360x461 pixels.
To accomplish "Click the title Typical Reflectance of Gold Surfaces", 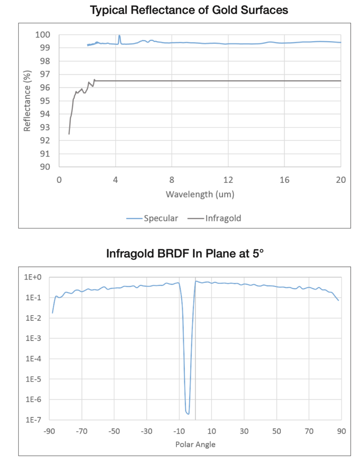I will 189,10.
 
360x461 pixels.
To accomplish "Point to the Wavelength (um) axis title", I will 200,194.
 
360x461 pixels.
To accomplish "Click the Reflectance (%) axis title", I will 27,101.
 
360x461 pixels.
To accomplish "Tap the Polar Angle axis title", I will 195,444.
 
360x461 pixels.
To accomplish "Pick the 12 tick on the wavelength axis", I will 228,180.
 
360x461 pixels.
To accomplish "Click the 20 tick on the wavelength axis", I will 340,180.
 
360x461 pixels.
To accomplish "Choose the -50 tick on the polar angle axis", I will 114,431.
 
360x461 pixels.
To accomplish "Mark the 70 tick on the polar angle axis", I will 309,431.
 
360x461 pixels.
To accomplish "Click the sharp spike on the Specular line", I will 119,36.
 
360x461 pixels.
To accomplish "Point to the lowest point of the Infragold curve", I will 69,134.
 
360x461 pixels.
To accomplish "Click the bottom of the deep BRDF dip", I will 188,414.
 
